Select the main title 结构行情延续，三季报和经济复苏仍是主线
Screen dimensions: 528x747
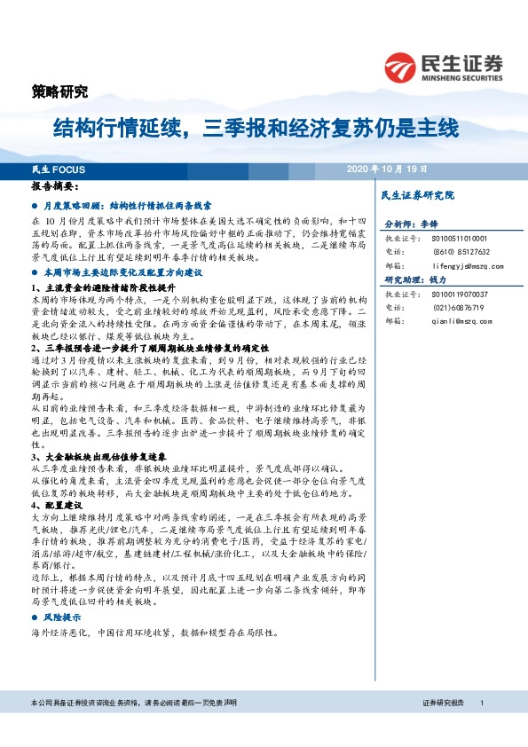256,128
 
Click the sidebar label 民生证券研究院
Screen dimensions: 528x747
416,194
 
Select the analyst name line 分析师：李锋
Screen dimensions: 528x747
412,225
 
